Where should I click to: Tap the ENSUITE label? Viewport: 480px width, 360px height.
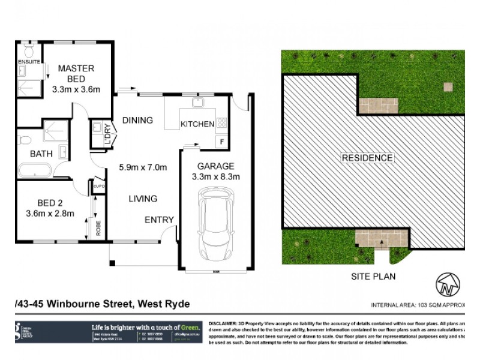(x=29, y=61)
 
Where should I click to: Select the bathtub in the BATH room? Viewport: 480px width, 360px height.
(x=34, y=171)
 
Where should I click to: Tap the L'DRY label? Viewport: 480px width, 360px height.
(x=107, y=136)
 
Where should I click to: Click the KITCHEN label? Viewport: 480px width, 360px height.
(x=197, y=124)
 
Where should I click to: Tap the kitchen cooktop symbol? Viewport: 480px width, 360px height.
(x=221, y=122)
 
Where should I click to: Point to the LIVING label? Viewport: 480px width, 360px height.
(x=142, y=199)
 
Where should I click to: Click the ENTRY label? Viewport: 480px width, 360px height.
(x=159, y=220)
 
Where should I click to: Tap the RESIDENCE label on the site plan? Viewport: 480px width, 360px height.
(x=367, y=158)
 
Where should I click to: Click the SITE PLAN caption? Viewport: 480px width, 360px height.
(x=373, y=277)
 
